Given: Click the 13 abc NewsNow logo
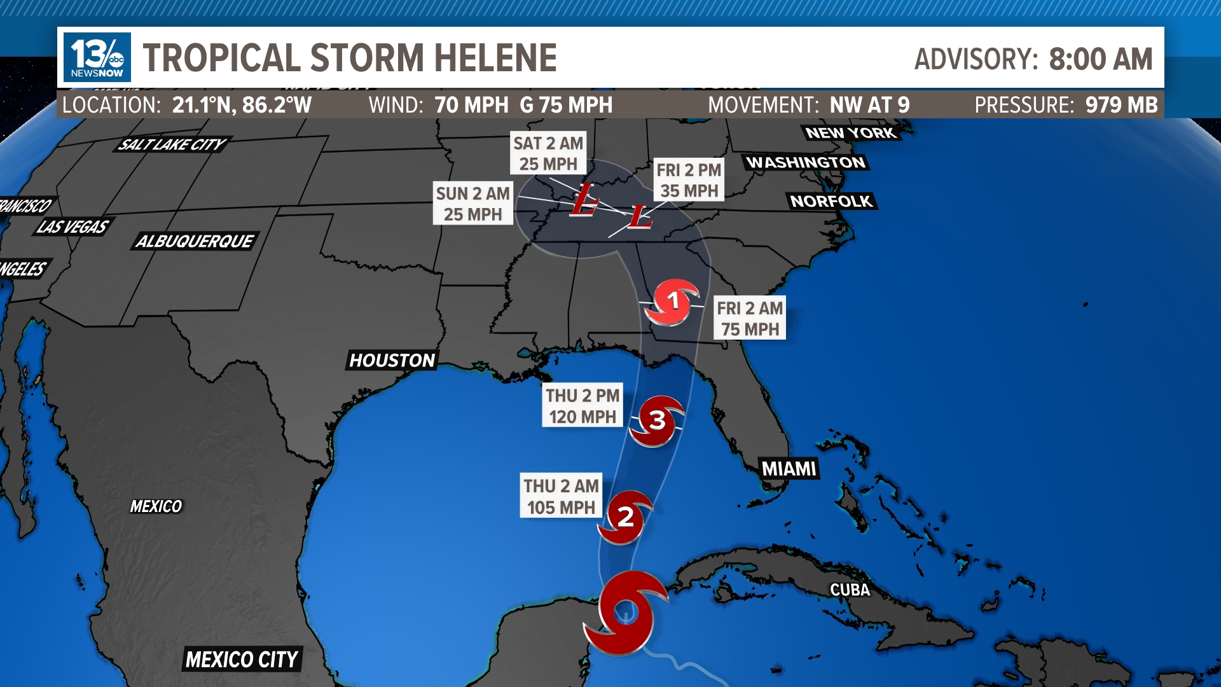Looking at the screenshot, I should (97, 57).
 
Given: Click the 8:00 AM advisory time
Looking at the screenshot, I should (1100, 59).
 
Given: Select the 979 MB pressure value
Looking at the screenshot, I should (1121, 105).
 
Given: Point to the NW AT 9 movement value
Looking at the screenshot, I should (869, 105).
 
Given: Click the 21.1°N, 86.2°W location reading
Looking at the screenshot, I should (242, 105).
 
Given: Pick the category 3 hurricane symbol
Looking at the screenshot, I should (657, 420).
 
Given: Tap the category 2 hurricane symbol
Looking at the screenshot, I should (625, 517).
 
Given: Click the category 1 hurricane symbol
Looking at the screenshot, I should (673, 301).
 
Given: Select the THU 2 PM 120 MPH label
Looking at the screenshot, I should (583, 405).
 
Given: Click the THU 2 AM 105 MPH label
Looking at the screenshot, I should (561, 496).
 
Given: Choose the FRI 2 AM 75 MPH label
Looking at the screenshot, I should (750, 318).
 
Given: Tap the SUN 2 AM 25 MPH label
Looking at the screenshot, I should (473, 204).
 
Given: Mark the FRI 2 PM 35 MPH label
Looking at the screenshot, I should (689, 180).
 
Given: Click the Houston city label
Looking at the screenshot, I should (392, 361).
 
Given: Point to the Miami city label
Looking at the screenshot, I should (789, 469).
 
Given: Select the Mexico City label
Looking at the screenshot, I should (242, 660).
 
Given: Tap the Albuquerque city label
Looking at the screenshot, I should (195, 241).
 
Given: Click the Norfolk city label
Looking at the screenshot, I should (831, 201).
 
